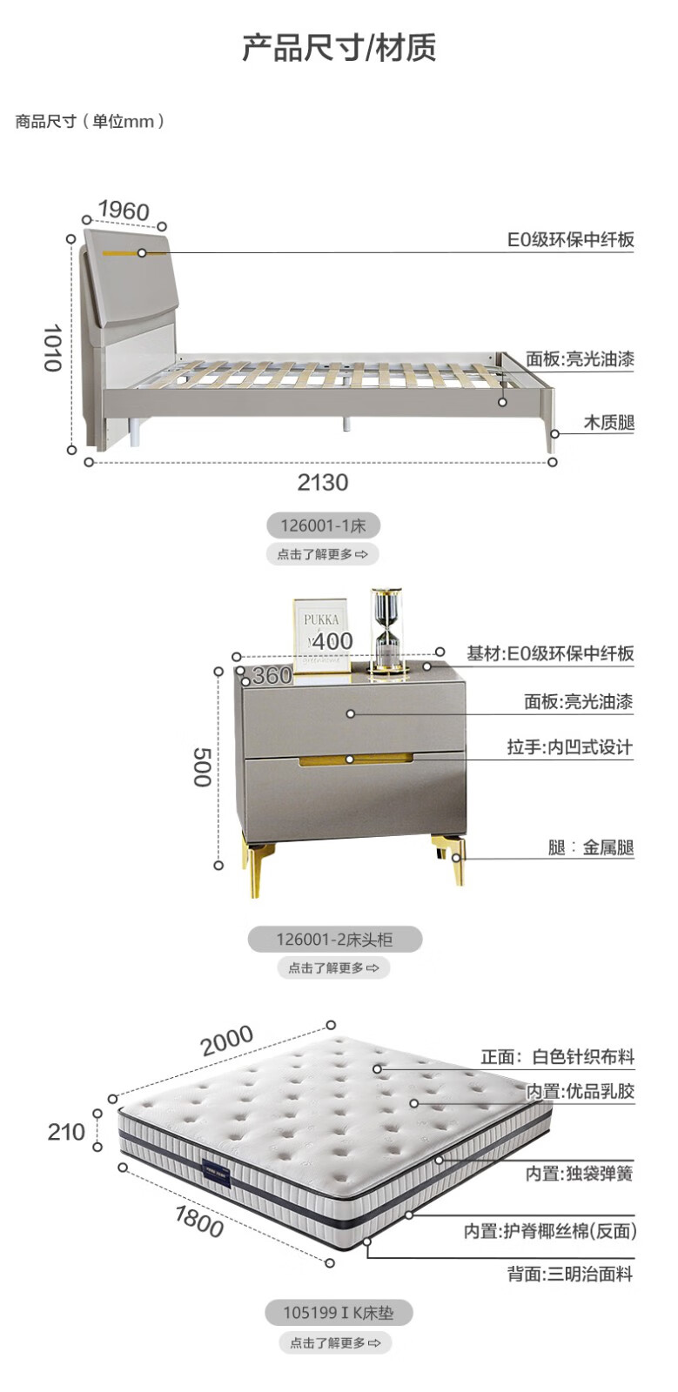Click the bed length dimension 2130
tap(322, 482)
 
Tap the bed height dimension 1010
tap(53, 347)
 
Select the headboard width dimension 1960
tap(123, 211)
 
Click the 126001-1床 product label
tap(323, 525)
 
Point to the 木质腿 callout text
tap(608, 423)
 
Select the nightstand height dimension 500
tap(202, 766)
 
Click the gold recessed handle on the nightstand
tap(355, 760)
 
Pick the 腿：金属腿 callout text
tap(591, 847)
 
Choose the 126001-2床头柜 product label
tap(334, 939)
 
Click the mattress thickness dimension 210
tap(66, 1132)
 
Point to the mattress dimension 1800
tap(199, 1221)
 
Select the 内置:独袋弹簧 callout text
tap(579, 1174)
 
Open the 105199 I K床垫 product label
tap(338, 1313)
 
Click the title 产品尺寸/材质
tap(339, 48)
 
